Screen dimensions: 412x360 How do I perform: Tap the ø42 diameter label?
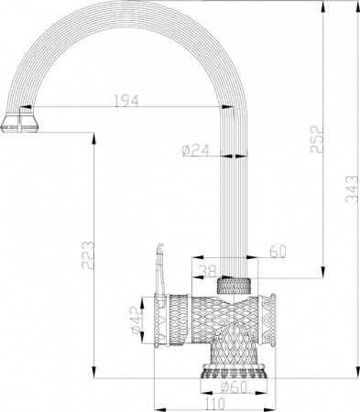136,320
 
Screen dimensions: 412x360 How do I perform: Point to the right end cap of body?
269,320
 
